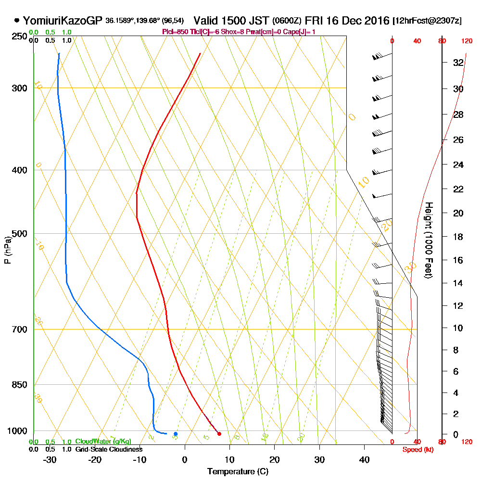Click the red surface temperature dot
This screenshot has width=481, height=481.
coord(219,434)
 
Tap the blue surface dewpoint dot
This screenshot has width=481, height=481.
coord(176,434)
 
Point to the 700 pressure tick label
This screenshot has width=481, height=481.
coord(19,329)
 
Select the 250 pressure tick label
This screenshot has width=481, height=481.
coord(19,37)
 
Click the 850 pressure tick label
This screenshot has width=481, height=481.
coord(19,385)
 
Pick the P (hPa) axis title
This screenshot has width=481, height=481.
coord(7,250)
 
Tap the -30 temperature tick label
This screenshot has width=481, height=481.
coord(50,459)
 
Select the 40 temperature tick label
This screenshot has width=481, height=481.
coord(364,459)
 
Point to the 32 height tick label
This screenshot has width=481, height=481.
coord(458,63)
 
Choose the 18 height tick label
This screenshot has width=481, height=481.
coord(458,237)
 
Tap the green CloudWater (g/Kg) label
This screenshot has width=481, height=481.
coord(103,442)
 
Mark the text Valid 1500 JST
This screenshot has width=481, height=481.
coord(231,21)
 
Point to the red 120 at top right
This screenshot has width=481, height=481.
coord(467,41)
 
